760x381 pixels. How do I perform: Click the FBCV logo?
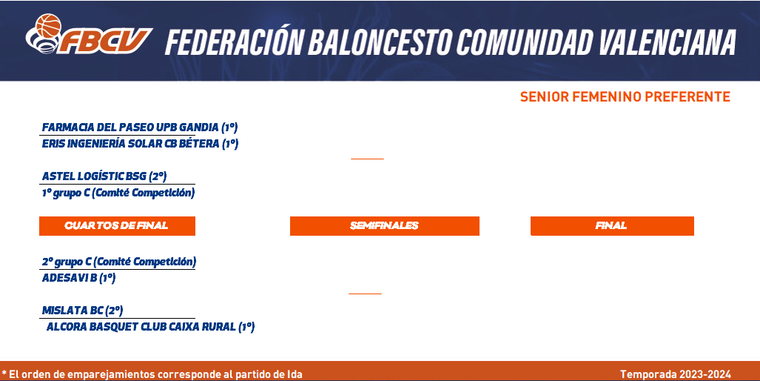pyautogui.click(x=89, y=34)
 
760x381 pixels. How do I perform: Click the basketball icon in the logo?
pyautogui.click(x=48, y=25)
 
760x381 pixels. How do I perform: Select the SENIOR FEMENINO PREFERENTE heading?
pyautogui.click(x=625, y=97)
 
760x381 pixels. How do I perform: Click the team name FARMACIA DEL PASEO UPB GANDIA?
pyautogui.click(x=140, y=127)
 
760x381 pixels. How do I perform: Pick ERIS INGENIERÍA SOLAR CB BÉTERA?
pyautogui.click(x=140, y=144)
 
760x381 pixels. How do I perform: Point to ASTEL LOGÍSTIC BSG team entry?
pyautogui.click(x=104, y=176)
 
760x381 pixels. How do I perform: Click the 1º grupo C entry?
pyautogui.click(x=118, y=193)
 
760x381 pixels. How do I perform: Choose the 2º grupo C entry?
pyautogui.click(x=118, y=262)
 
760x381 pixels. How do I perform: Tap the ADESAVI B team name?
pyautogui.click(x=78, y=278)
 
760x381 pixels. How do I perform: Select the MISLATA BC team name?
pyautogui.click(x=82, y=311)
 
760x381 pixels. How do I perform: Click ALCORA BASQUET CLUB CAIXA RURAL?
pyautogui.click(x=150, y=327)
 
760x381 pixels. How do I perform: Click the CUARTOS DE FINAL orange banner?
pyautogui.click(x=118, y=226)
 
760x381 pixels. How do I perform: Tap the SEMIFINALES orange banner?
pyautogui.click(x=384, y=226)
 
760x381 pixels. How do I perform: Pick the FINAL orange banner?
pyautogui.click(x=612, y=226)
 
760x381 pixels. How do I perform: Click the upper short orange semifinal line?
pyautogui.click(x=367, y=159)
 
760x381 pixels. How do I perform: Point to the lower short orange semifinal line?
pyautogui.click(x=365, y=294)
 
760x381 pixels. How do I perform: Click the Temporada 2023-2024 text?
pyautogui.click(x=676, y=374)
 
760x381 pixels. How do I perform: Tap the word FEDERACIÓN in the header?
pyautogui.click(x=234, y=41)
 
